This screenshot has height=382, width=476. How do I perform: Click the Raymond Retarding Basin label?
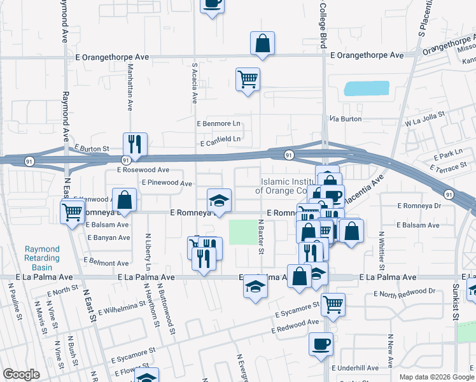(42, 253)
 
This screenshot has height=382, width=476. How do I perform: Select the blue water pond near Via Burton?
(366, 88)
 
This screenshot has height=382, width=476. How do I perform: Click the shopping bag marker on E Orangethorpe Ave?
(262, 44)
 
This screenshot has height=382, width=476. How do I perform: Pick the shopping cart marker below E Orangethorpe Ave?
(248, 80)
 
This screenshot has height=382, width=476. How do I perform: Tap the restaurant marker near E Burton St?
(135, 145)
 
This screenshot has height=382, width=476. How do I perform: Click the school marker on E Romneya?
(219, 201)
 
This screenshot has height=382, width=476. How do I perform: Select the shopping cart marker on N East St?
(73, 211)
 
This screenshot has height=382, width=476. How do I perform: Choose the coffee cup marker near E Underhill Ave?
(321, 344)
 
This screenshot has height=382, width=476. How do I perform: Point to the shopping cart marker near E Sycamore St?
(333, 305)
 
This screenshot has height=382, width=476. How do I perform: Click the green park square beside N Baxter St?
(241, 232)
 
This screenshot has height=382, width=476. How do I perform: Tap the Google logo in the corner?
(21, 374)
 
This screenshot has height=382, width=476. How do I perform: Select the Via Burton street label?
(345, 119)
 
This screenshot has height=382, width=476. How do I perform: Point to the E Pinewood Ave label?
(167, 183)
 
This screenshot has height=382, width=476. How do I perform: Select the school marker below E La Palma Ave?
(255, 287)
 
